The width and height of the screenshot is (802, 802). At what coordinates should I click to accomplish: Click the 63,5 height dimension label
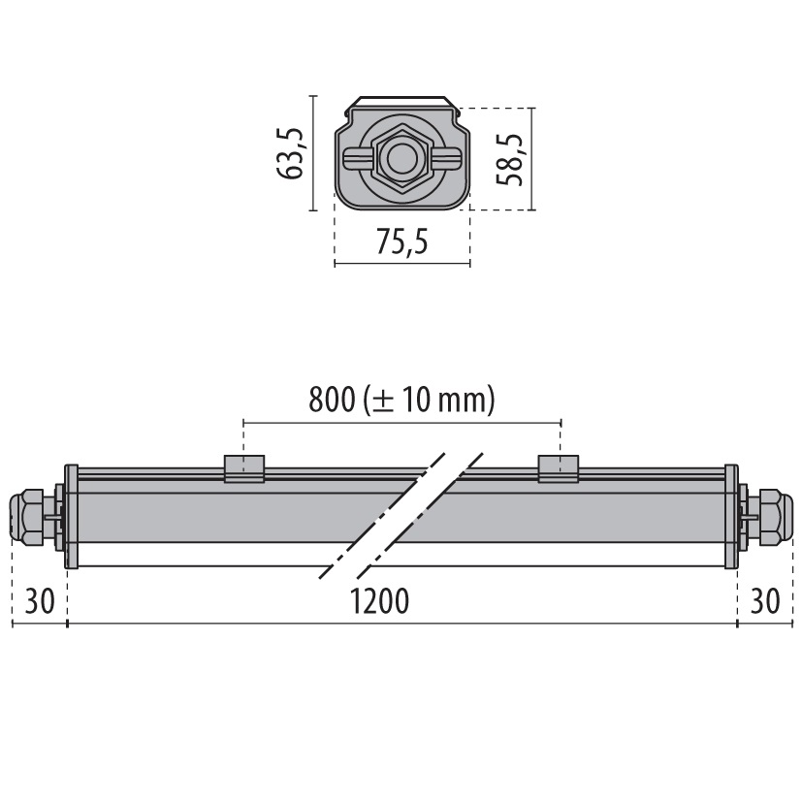click(x=291, y=153)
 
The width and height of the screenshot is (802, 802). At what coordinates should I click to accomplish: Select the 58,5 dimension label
click(x=511, y=159)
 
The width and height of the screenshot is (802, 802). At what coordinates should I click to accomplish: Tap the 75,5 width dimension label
click(x=401, y=243)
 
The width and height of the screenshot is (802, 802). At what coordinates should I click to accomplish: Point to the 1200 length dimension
click(x=380, y=601)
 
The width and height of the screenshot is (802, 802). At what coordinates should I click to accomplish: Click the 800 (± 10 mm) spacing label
click(x=401, y=400)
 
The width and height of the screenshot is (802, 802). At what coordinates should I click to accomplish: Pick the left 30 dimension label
click(x=39, y=601)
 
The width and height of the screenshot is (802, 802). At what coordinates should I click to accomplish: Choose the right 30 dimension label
click(x=765, y=601)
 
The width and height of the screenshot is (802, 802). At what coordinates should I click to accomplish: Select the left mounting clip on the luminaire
click(x=244, y=468)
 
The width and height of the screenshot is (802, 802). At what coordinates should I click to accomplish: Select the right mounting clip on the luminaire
click(x=560, y=468)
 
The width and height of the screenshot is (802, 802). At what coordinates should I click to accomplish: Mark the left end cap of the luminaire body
click(x=71, y=517)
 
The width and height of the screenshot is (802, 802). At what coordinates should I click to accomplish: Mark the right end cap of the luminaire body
click(x=731, y=517)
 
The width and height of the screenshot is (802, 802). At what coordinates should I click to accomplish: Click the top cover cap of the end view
click(x=401, y=102)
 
